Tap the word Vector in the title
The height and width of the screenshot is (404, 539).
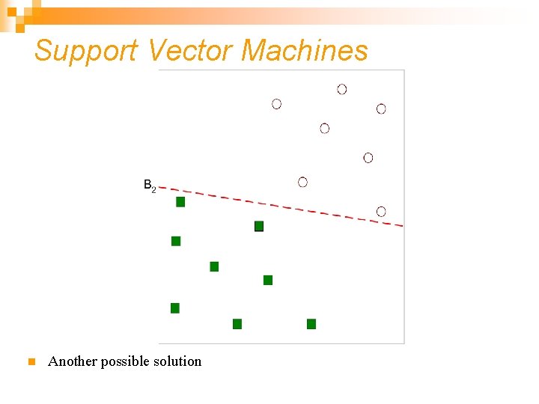tap(191, 51)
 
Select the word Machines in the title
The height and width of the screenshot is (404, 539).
tap(305, 51)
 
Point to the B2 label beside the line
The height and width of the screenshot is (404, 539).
tap(149, 185)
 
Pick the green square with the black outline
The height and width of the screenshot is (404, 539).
tap(259, 226)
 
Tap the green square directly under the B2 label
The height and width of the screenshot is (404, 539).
tap(180, 202)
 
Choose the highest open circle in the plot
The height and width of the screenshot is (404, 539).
tap(342, 89)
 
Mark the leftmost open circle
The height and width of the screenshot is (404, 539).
tap(277, 104)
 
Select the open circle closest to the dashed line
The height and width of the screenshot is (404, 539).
tap(381, 211)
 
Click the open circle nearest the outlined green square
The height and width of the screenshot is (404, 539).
tap(302, 182)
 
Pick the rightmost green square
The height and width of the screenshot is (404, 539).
tap(311, 324)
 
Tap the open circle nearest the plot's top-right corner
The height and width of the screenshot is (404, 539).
tap(381, 108)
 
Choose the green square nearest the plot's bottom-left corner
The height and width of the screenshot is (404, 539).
tap(175, 308)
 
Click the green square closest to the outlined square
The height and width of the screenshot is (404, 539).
tap(268, 280)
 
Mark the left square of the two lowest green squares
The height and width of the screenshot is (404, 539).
tap(237, 324)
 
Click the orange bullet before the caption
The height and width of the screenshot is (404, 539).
tap(31, 362)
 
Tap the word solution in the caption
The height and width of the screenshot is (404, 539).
tap(177, 361)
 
